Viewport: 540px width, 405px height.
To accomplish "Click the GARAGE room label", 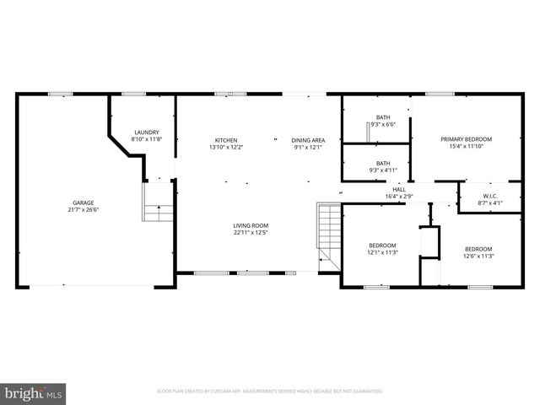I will tap(83, 202).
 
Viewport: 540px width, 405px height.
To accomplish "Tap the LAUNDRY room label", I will tap(147, 132).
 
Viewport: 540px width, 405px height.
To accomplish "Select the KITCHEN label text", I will tap(225, 140).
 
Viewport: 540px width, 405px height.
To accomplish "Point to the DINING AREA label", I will tap(308, 140).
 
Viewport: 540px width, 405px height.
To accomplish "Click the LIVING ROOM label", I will tap(251, 225).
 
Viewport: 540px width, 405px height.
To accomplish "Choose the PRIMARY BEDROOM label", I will tap(466, 139).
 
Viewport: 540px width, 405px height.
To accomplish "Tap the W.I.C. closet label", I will tap(490, 196).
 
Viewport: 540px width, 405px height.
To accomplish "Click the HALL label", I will tap(399, 190).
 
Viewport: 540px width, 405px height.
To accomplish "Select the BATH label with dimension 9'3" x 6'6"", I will tap(383, 117).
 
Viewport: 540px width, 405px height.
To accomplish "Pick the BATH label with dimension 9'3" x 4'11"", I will tap(383, 163).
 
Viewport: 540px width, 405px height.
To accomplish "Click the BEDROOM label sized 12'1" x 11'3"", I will tap(382, 245).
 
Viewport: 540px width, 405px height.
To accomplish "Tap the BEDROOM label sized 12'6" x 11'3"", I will tap(478, 249).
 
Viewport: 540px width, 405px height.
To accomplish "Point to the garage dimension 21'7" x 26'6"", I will tap(83, 210).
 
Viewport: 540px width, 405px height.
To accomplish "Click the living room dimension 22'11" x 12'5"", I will tap(251, 233).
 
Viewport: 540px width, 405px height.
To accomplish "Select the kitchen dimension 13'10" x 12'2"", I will tap(225, 148).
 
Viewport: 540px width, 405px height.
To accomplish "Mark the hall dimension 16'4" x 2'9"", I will tap(399, 197).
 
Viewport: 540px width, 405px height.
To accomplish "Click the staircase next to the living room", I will tap(327, 236).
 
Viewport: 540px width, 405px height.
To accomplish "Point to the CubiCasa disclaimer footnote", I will tap(270, 391).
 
